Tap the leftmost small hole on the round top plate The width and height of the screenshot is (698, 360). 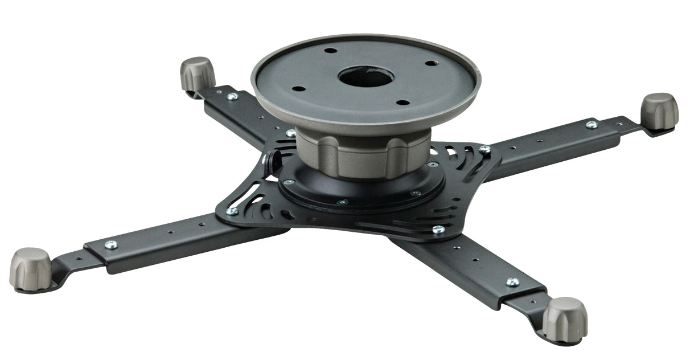point(298,89)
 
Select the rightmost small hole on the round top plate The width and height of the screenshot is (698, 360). point(431,63)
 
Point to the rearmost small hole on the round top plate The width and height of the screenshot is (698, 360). point(331,50)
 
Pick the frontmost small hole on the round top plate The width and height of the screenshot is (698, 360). point(403,103)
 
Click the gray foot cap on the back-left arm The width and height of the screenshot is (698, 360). point(198,73)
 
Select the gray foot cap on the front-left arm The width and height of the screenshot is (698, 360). point(30,269)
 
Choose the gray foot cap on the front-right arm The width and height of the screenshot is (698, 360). point(564,319)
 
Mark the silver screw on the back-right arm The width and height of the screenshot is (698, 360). point(592,124)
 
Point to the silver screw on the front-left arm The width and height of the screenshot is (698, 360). point(111,244)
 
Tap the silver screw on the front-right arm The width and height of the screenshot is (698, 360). point(512,282)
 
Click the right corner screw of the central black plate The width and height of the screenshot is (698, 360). point(485,150)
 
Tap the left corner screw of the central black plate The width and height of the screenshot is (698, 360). point(232,211)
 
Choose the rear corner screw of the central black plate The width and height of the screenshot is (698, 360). point(291,133)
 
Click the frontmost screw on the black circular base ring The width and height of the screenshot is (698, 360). point(342,202)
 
